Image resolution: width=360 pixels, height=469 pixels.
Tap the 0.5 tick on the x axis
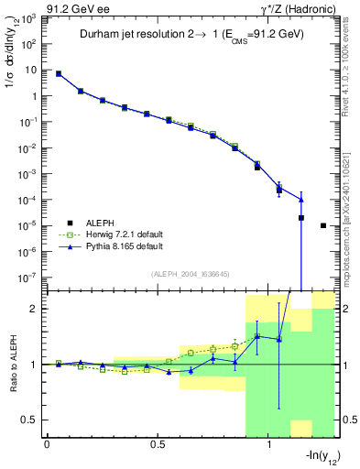[x=158, y=444]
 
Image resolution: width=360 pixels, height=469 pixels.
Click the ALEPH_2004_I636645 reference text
[x=190, y=274]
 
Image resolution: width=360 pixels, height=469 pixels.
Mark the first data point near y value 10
[x=59, y=73]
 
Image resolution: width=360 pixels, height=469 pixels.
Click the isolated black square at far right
[x=323, y=225]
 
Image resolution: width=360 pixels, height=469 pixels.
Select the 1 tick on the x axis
[x=269, y=444]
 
